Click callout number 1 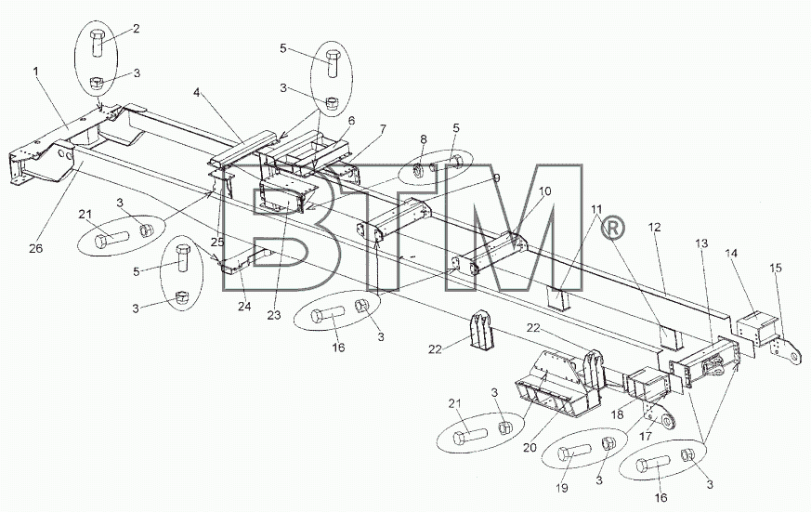[x=36, y=71]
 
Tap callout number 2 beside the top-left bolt [x=136, y=29]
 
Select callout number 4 [x=197, y=93]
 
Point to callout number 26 [x=35, y=248]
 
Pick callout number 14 [x=731, y=253]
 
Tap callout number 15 [x=776, y=268]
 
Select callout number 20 [x=530, y=448]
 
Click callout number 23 [x=274, y=315]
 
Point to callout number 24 [x=244, y=306]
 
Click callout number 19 [x=562, y=488]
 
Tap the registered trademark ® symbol [x=613, y=228]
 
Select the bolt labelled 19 [x=574, y=453]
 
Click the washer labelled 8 [x=419, y=171]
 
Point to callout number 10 [x=544, y=190]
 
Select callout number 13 [x=701, y=243]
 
